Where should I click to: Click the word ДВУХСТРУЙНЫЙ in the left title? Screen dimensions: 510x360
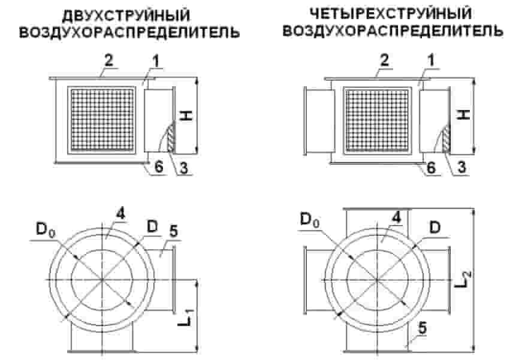(126, 16)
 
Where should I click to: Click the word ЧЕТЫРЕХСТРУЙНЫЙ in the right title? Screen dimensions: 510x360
(391, 14)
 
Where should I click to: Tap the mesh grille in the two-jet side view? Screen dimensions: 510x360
(102, 120)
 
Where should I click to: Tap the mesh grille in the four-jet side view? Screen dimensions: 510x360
(378, 120)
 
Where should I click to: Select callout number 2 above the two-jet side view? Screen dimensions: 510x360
(108, 60)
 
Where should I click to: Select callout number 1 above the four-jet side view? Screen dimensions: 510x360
(431, 61)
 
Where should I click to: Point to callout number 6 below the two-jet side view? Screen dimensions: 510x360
(158, 167)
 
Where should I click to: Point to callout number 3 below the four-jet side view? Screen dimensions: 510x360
(461, 168)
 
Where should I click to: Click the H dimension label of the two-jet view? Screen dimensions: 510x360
(186, 116)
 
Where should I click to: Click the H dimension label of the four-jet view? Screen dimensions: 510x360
(464, 114)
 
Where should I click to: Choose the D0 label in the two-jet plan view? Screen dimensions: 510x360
(46, 229)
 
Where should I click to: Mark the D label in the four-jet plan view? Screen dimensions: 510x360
(435, 228)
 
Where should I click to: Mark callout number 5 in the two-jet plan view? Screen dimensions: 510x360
(173, 232)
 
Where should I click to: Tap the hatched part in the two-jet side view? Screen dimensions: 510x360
(171, 138)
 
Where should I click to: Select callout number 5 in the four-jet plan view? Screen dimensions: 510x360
(422, 328)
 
